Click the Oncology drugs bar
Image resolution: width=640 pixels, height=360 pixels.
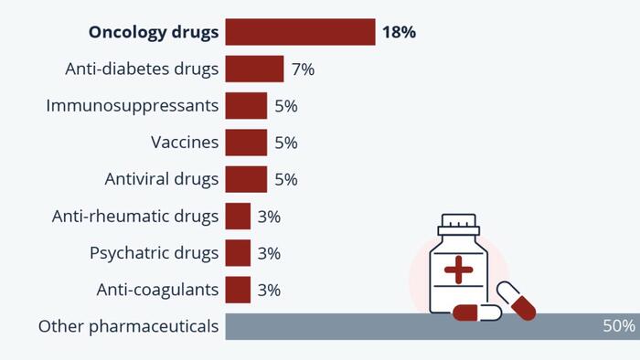click(x=300, y=32)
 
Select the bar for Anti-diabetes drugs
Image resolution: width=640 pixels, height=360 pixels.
click(x=254, y=69)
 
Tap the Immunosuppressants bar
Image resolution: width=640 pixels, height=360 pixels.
click(x=246, y=106)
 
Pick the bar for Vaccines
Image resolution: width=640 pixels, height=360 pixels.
click(x=246, y=143)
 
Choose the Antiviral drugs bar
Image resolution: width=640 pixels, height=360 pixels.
click(x=246, y=179)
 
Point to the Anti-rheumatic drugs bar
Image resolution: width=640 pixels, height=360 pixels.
click(x=238, y=217)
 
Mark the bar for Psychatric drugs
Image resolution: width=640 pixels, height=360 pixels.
click(x=238, y=253)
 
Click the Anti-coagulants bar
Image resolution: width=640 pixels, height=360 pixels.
click(x=238, y=290)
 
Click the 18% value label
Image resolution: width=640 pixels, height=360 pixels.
click(x=400, y=32)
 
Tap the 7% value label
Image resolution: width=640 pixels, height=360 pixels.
click(x=303, y=69)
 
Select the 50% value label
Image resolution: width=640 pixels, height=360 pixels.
click(x=618, y=326)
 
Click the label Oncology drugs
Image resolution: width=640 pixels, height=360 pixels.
click(x=154, y=32)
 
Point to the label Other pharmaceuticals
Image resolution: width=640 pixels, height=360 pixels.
click(x=128, y=326)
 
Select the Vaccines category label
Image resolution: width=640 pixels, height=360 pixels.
click(x=185, y=143)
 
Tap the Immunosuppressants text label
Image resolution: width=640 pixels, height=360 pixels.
click(x=133, y=106)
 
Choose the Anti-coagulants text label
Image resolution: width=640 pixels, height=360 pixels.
click(x=157, y=290)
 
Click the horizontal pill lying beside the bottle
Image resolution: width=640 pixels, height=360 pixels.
click(x=477, y=313)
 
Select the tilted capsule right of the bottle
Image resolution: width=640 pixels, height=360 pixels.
click(x=516, y=301)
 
